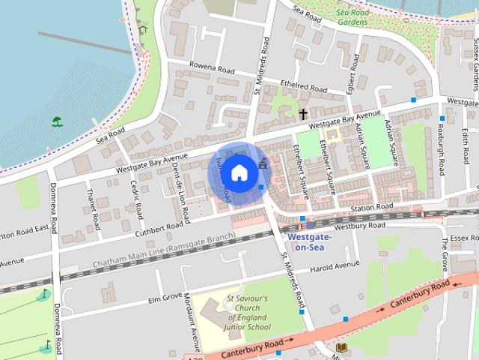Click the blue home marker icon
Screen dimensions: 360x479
click(x=238, y=173)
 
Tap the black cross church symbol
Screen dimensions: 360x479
click(x=303, y=114)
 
